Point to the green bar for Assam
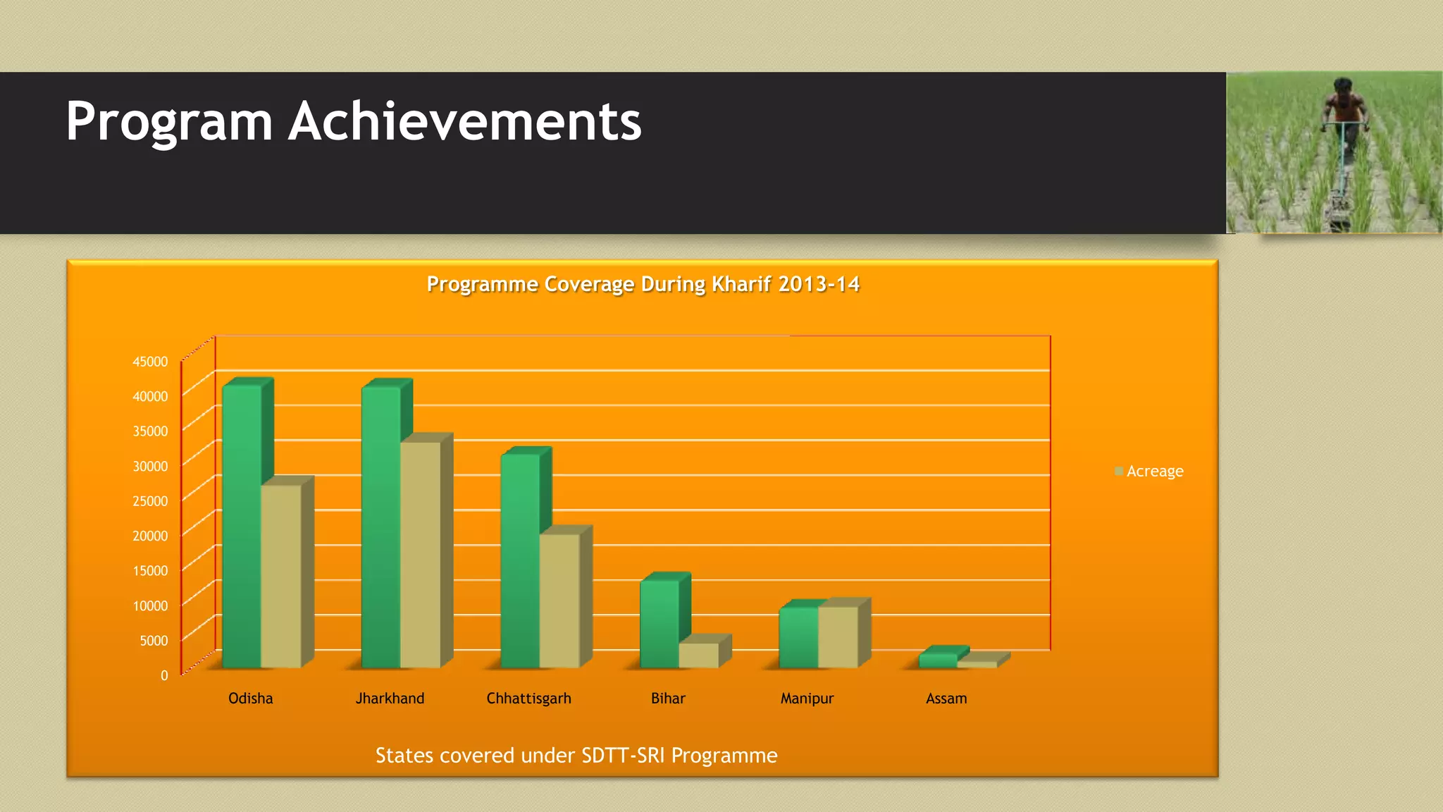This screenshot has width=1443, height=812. tap(938, 660)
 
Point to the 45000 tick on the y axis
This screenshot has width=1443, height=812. tap(150, 362)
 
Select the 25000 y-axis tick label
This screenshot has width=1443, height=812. tap(150, 501)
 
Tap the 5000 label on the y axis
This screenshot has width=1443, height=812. tap(154, 641)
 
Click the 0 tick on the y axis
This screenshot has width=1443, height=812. tap(164, 675)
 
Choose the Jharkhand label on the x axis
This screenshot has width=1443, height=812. tap(390, 699)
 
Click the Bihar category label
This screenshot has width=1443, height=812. tap(668, 699)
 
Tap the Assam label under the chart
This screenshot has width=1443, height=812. tap(946, 699)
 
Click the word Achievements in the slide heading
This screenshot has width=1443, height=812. tap(465, 121)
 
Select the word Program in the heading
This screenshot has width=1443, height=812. tap(169, 121)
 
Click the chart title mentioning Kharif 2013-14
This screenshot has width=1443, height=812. tap(643, 284)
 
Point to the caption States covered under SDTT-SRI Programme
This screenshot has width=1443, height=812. tap(576, 756)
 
